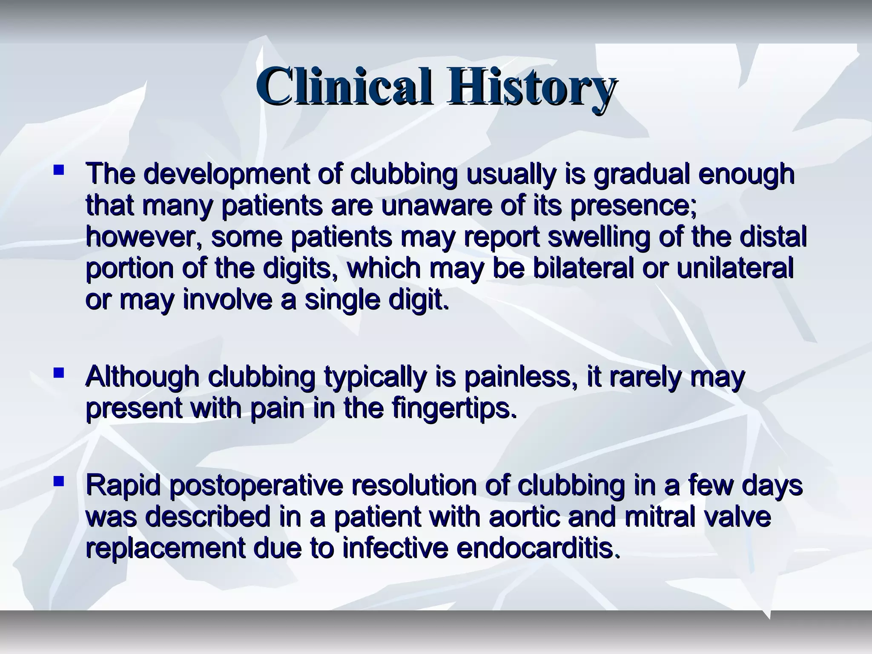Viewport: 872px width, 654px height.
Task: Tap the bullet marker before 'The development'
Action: (x=59, y=171)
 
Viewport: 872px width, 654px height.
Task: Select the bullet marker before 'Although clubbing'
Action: (x=59, y=373)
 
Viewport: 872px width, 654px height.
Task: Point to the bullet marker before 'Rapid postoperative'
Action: (x=59, y=482)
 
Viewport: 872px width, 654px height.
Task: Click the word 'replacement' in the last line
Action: (x=165, y=548)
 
